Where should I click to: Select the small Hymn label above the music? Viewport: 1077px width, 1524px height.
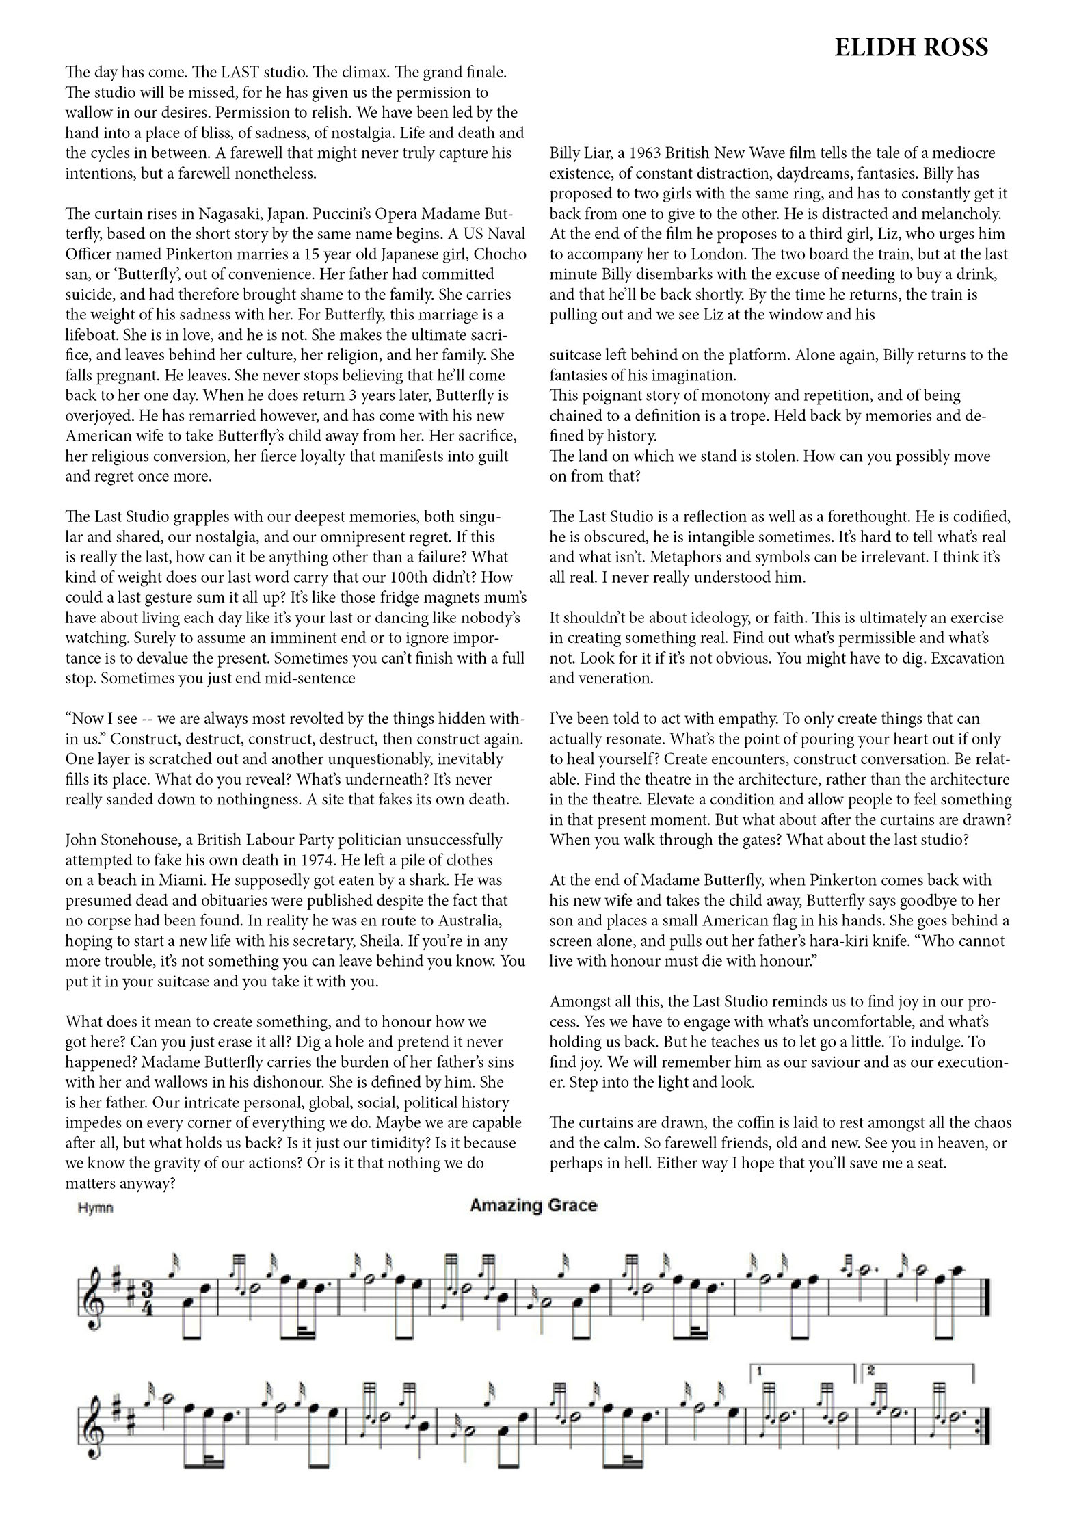click(x=96, y=1208)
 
